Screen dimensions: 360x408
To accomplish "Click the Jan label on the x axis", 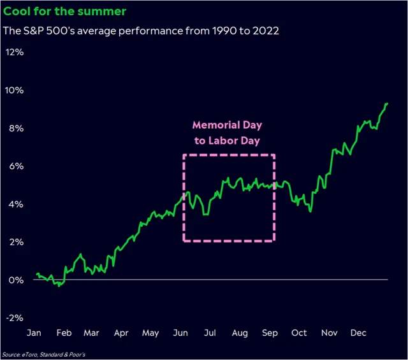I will [34, 333].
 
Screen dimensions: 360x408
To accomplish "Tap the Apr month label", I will [120, 333].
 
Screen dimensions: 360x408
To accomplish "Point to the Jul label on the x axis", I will [208, 333].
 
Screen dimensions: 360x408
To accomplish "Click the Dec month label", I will [357, 333].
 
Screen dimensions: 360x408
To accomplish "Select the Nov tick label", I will [329, 333].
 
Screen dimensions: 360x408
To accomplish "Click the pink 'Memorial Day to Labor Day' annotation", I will [228, 133].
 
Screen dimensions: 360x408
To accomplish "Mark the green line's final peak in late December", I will [386, 103].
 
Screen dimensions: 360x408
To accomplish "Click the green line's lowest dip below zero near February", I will [59, 286].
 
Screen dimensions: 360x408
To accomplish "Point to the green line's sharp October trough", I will [310, 212].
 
